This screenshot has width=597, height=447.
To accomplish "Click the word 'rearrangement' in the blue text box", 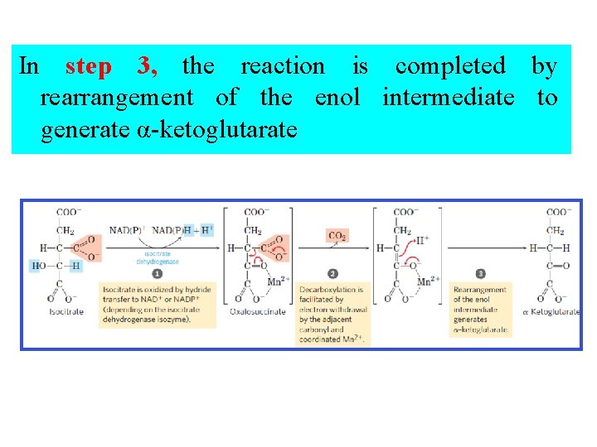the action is point(116,98).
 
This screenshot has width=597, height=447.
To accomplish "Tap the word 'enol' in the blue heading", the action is point(337,98).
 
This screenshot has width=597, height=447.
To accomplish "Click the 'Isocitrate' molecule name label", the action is point(66,312).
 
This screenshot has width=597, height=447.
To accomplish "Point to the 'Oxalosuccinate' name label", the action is point(258,312).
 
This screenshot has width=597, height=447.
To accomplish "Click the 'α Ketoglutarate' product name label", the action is point(551,312).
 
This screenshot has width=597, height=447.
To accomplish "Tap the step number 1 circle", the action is point(157,273).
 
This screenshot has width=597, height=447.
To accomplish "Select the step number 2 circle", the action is point(332,273).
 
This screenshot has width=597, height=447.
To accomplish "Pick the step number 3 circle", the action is point(481,273).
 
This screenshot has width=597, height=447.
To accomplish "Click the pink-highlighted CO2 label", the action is point(337,236).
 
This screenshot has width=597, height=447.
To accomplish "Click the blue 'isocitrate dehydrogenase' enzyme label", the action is point(158,257).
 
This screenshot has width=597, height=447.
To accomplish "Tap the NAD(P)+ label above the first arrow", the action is point(125,229).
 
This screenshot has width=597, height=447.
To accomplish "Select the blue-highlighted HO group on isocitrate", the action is point(39,266).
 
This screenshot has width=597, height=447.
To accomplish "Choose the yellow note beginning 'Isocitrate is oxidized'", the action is point(157,305).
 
